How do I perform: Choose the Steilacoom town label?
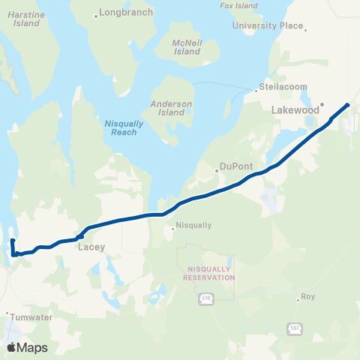[283, 87]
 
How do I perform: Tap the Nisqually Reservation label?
[209, 271]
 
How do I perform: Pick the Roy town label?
[307, 297]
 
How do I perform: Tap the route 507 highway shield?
[294, 328]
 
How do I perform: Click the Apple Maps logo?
[27, 347]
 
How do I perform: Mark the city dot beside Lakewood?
[322, 105]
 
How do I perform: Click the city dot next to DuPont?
[216, 170]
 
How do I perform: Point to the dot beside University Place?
[304, 29]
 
